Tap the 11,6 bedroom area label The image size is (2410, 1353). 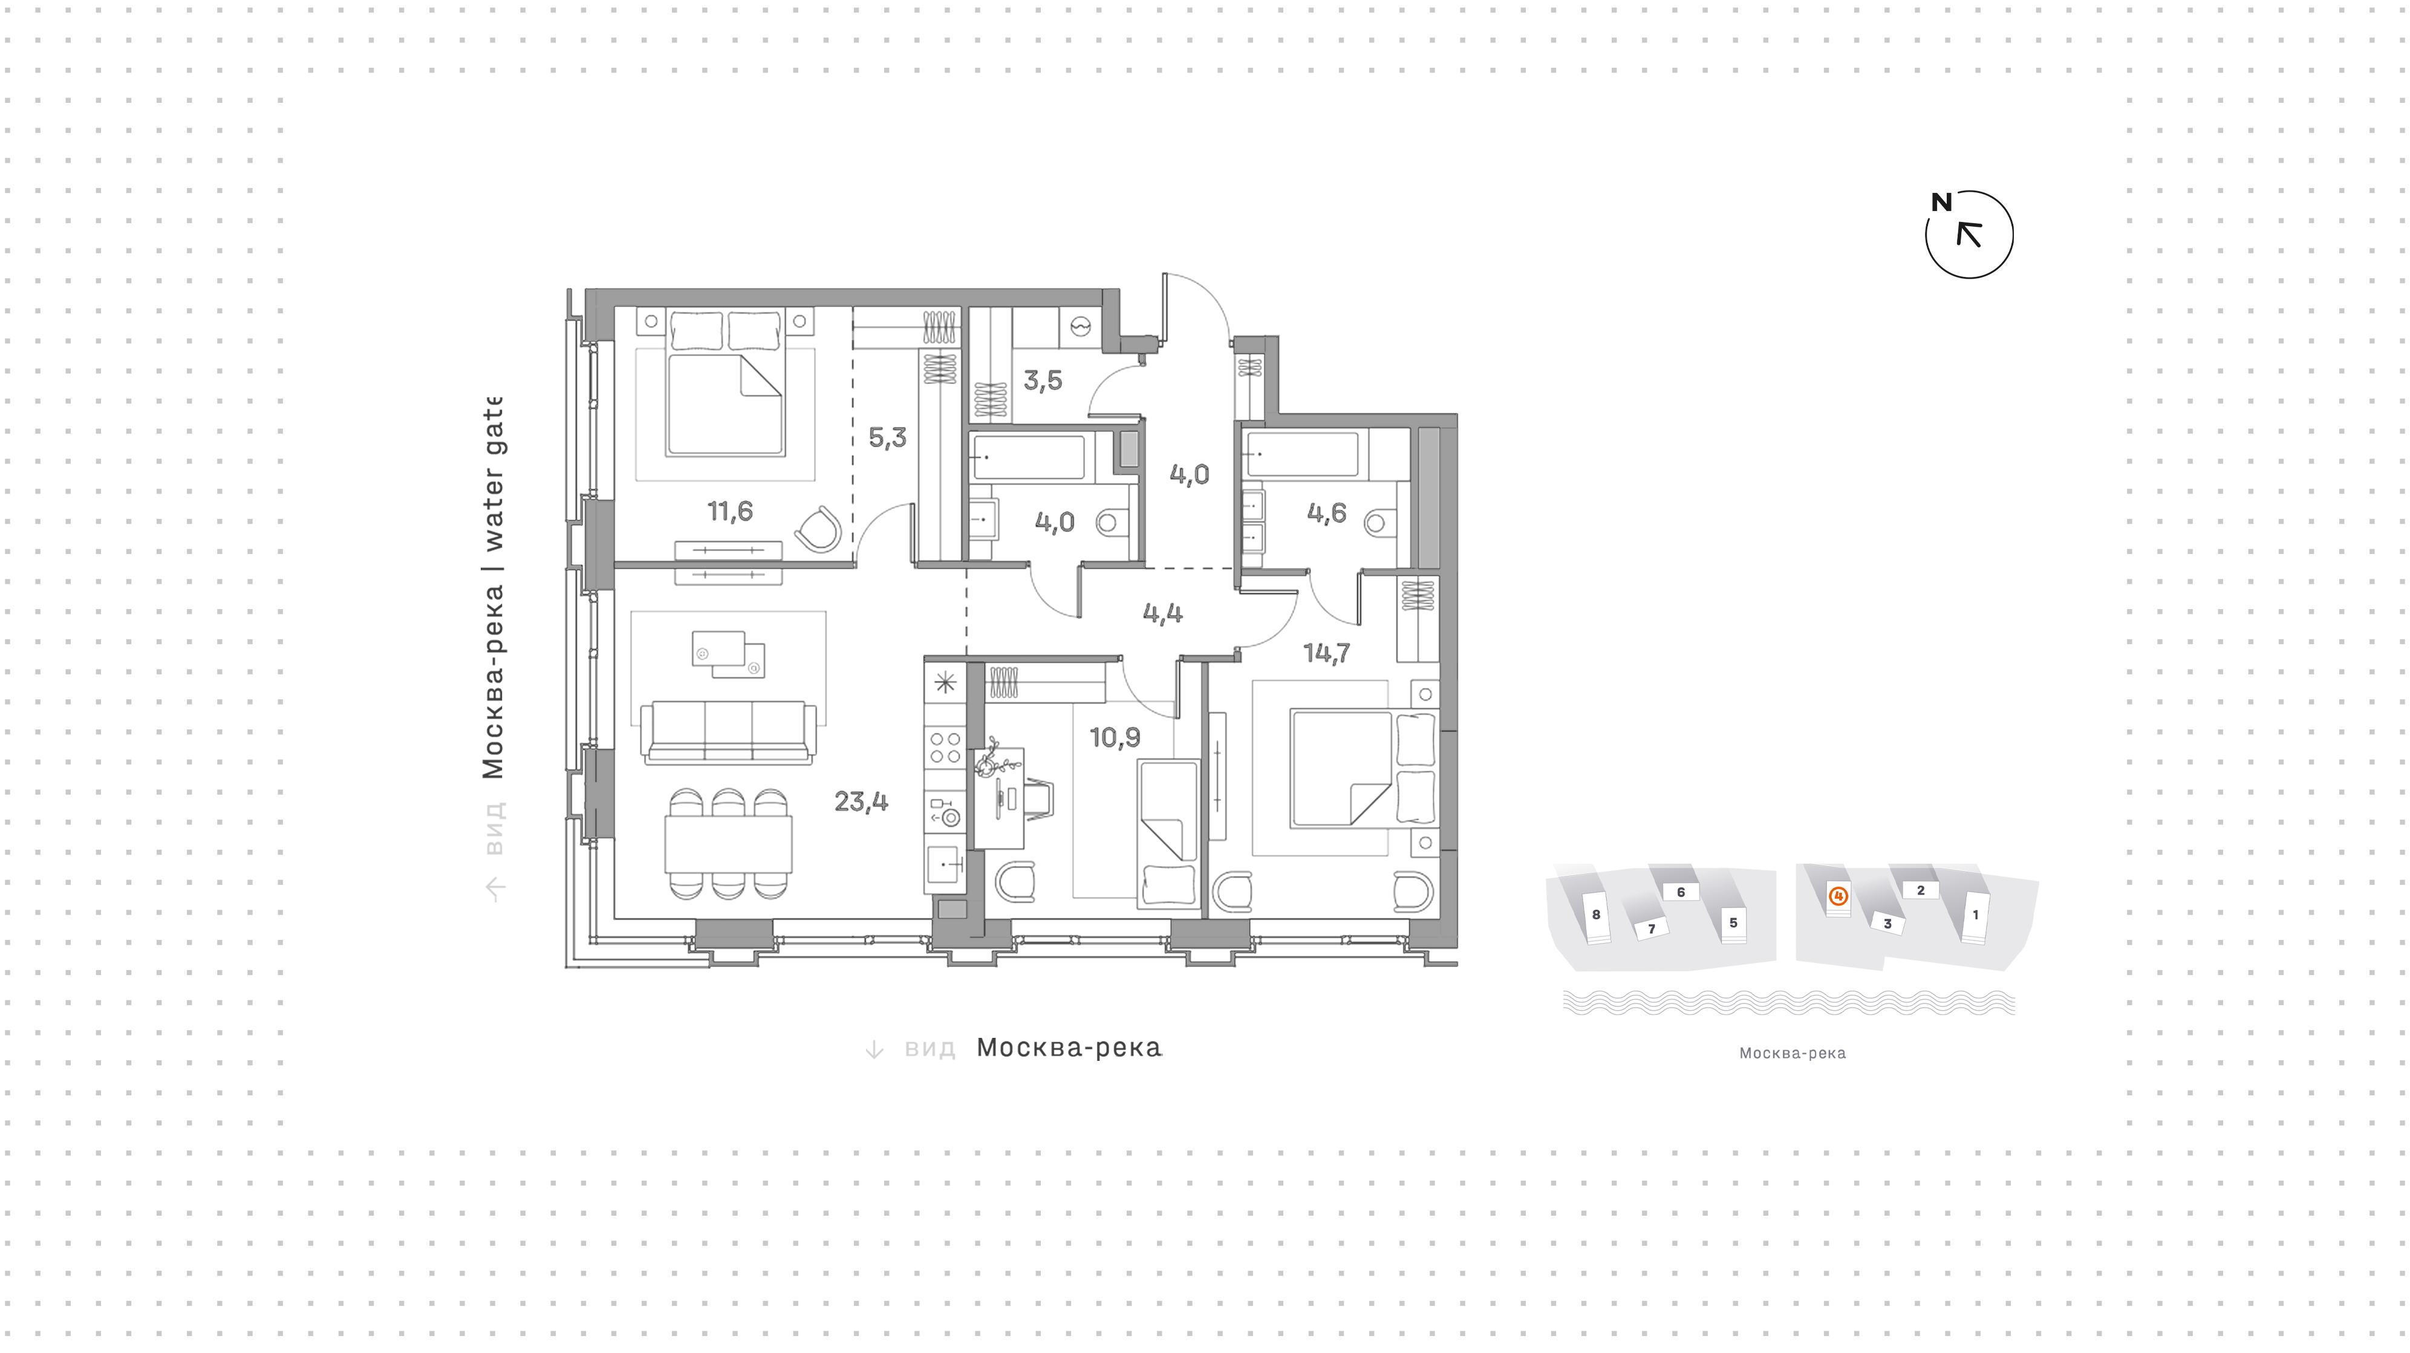(x=730, y=511)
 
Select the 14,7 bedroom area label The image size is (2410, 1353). (x=1327, y=652)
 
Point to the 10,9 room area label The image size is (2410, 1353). (x=1114, y=737)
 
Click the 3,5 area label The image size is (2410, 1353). (x=1042, y=380)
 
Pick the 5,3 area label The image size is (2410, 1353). (x=887, y=437)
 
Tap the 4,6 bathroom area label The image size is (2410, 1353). (x=1327, y=513)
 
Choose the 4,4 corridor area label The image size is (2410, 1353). (x=1162, y=613)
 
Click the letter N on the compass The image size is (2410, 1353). (x=1941, y=202)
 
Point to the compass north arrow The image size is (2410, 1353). (x=1969, y=234)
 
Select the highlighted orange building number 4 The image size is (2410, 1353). (x=1838, y=896)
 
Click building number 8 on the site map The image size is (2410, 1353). (x=1596, y=914)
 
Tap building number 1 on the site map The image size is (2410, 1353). (x=1976, y=914)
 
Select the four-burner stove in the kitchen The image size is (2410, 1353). (x=945, y=749)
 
